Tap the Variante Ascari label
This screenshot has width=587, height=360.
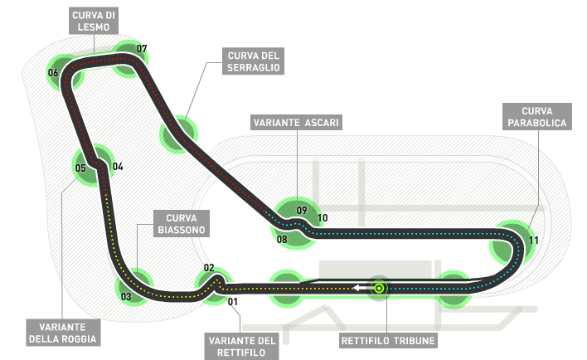coord(297,123)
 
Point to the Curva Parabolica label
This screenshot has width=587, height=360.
coord(543,116)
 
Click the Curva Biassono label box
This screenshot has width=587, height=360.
coord(178,223)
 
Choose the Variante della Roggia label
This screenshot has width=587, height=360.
coord(62,331)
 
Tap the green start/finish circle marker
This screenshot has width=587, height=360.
coord(379,288)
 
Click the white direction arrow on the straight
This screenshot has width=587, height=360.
coord(358,288)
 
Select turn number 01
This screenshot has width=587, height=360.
coord(233,301)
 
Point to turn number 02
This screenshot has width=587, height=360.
coord(209,268)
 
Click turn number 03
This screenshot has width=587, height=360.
coord(126,296)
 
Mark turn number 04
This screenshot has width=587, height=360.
coord(118,167)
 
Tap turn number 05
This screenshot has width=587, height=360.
coord(80,168)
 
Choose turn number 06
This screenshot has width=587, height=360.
coord(53,73)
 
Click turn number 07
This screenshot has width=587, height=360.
coord(142,49)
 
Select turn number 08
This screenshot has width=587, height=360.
coord(282,239)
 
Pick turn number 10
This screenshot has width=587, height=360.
coord(323,219)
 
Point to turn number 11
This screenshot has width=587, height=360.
coord(534,241)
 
